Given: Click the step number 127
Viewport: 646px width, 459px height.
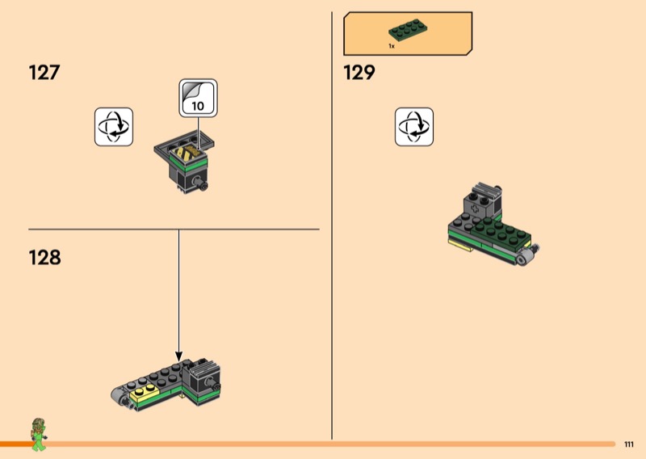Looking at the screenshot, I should pyautogui.click(x=44, y=73).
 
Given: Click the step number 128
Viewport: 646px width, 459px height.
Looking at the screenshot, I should pyautogui.click(x=45, y=258).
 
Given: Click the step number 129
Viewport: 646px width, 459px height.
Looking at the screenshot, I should pyautogui.click(x=359, y=73).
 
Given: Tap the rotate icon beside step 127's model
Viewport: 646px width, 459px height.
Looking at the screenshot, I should pyautogui.click(x=114, y=127).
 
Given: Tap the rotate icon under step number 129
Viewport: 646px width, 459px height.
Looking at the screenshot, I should pyautogui.click(x=414, y=127).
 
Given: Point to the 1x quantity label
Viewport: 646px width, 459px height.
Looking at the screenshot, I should pyautogui.click(x=392, y=47).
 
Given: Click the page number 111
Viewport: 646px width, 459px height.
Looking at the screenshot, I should pyautogui.click(x=629, y=444).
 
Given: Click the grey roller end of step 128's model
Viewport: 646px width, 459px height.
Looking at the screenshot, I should pyautogui.click(x=116, y=396).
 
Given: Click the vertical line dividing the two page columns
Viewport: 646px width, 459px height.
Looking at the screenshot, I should pyautogui.click(x=332, y=226).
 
